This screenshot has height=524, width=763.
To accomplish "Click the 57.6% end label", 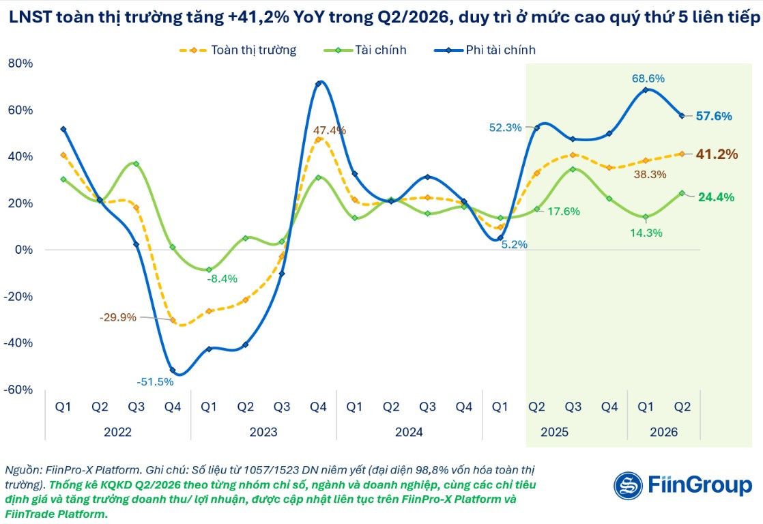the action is click(x=714, y=116).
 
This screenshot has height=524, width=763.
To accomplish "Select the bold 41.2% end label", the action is click(x=717, y=154).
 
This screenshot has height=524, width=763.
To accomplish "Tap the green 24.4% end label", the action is click(x=717, y=197).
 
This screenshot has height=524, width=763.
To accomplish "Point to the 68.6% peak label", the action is click(x=648, y=78).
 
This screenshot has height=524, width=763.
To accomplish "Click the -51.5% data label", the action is click(x=155, y=382).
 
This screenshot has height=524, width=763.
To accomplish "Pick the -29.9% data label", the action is click(x=118, y=317).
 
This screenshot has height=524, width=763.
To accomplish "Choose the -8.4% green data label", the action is click(x=222, y=279).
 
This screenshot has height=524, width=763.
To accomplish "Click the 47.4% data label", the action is click(x=330, y=130).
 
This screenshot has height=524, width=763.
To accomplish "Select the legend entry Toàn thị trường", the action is click(x=238, y=50).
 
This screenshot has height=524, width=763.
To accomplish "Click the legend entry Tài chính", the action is click(x=365, y=50).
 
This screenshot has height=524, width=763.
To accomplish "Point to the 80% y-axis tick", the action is click(x=20, y=63).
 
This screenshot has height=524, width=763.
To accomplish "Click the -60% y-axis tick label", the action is click(x=18, y=390).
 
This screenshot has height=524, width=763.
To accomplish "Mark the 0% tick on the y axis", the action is click(x=24, y=250).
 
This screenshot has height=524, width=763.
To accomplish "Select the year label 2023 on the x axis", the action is click(x=263, y=432).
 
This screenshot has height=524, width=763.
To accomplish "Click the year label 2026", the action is click(x=664, y=432).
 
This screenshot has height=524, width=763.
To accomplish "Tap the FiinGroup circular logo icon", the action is click(x=628, y=486).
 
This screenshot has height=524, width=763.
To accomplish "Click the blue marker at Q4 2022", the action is click(x=173, y=370).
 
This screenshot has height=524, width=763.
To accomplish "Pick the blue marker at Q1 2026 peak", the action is click(x=646, y=90).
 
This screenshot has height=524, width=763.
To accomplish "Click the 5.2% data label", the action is click(x=515, y=245).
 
